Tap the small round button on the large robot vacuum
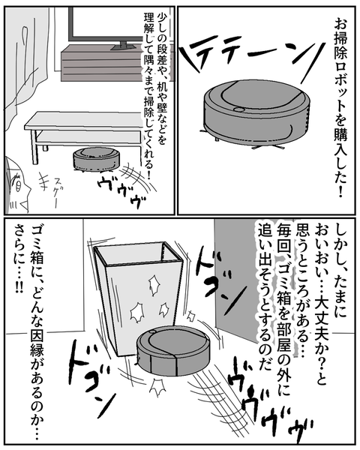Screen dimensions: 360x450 pyautogui.click(x=238, y=109)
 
